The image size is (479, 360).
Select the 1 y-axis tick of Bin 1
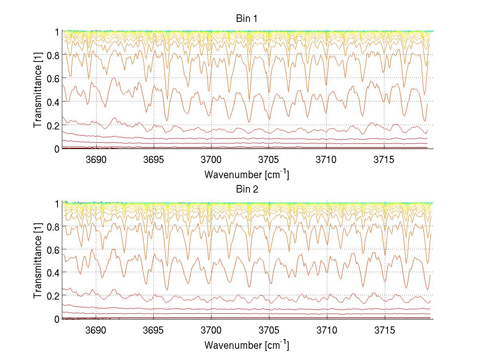click(57, 32)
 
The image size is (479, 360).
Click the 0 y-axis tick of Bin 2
click(57, 319)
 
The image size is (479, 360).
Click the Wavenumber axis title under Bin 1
click(246, 174)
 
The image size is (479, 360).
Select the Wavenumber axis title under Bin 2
click(246, 344)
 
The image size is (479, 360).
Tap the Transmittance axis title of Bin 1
click(38, 90)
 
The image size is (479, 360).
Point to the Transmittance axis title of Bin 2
click(38, 261)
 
